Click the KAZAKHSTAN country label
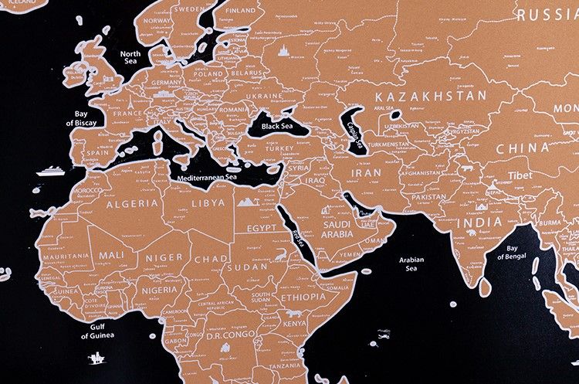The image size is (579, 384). (431, 96)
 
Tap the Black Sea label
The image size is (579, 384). (278, 126)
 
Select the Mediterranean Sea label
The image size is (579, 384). (208, 177)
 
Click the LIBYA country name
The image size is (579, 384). (207, 202)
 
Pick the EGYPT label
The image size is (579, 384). (262, 228)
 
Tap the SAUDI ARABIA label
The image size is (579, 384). (337, 228)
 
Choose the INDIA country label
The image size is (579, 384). (479, 222)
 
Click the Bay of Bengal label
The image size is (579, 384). (512, 253)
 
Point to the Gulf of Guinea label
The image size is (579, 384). (97, 331)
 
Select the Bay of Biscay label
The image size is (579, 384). (80, 118)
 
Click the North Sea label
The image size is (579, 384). (130, 57)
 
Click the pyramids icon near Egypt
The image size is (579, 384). (247, 202)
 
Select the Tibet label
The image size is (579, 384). (520, 175)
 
